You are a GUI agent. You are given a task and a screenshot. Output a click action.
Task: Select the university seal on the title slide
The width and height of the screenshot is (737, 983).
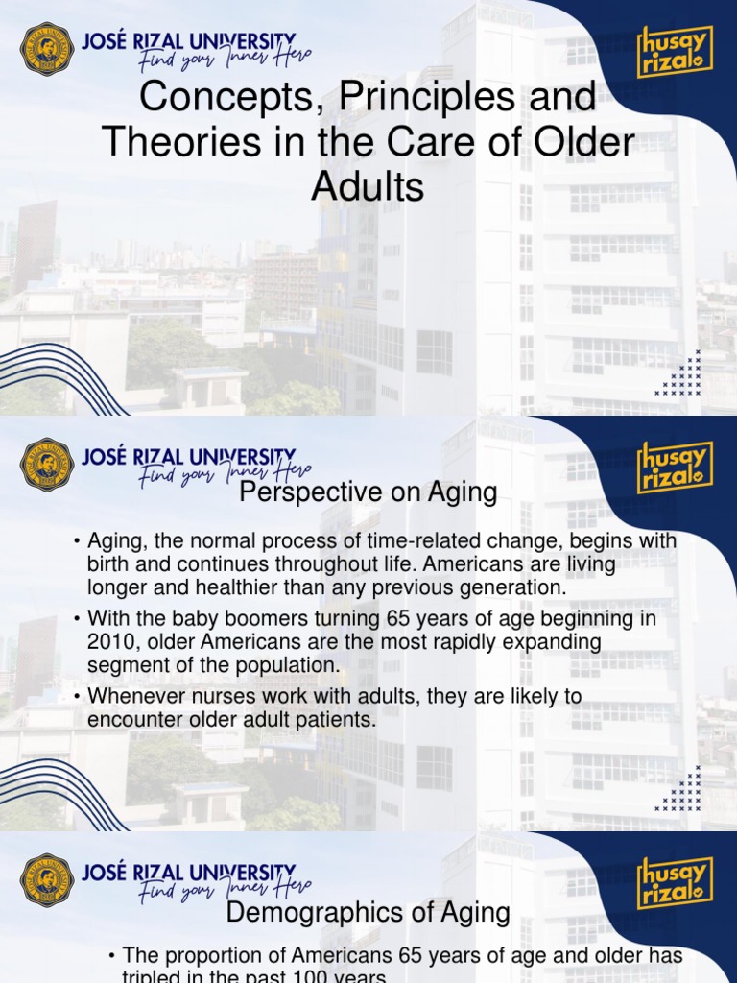46,49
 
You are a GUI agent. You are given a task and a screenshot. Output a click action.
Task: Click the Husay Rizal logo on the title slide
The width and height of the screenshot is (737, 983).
676,51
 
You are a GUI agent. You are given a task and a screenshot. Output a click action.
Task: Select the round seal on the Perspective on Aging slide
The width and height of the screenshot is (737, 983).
46,464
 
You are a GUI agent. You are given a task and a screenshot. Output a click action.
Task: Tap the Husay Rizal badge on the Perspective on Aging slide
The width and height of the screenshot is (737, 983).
676,467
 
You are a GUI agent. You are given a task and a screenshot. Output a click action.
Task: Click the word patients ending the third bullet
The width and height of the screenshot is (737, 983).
335,719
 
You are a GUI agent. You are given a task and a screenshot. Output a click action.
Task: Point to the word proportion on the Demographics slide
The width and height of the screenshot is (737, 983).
213,956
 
